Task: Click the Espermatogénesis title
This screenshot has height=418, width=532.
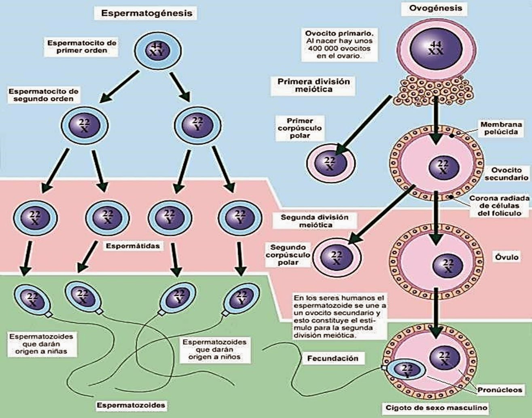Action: click(x=146, y=13)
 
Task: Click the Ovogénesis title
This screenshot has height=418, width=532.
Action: click(x=435, y=8)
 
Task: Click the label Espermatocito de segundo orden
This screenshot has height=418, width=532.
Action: click(x=44, y=95)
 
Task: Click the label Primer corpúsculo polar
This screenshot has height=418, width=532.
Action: click(x=300, y=128)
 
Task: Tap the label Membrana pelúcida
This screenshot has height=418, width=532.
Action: click(x=499, y=128)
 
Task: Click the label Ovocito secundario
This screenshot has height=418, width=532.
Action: click(x=506, y=174)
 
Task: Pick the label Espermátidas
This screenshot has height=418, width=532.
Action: click(x=133, y=246)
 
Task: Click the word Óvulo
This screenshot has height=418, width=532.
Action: click(x=507, y=257)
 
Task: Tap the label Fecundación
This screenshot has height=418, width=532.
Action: click(x=333, y=358)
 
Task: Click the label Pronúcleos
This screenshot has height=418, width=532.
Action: click(x=500, y=390)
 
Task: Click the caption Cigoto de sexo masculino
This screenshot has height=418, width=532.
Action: click(x=435, y=407)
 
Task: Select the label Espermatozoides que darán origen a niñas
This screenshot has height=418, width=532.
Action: click(x=41, y=344)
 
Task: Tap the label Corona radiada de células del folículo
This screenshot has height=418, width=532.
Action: click(x=499, y=206)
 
